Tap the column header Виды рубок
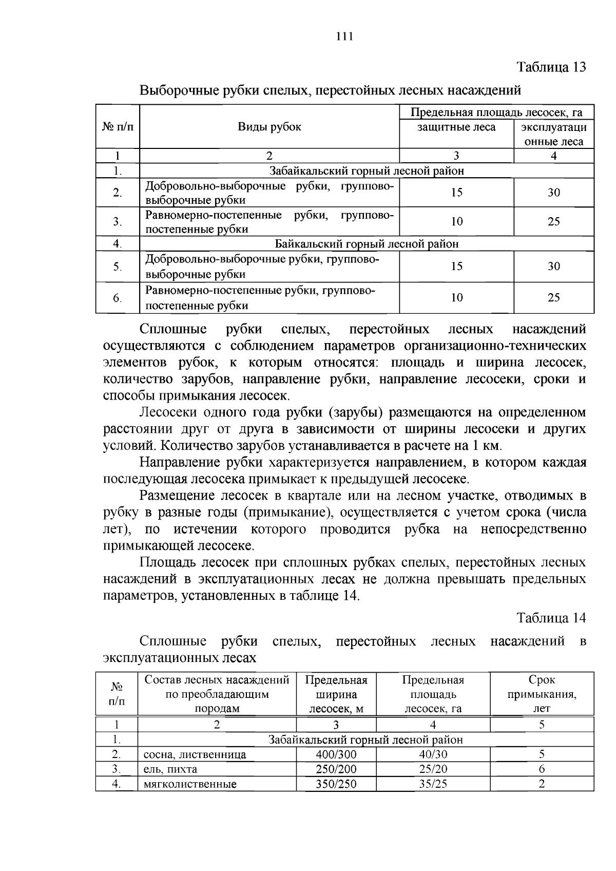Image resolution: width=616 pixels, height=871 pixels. click(x=269, y=127)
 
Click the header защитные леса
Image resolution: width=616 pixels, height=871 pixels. click(x=456, y=127)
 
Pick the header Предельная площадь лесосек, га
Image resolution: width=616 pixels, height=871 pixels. click(x=496, y=112)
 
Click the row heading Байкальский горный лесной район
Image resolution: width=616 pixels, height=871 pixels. click(x=367, y=243)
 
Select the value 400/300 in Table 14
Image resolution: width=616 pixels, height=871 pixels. click(x=336, y=754)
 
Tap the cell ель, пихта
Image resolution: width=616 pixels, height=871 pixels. click(x=170, y=769)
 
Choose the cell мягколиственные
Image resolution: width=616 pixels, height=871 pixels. click(x=190, y=784)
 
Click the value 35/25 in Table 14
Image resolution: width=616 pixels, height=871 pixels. click(x=433, y=784)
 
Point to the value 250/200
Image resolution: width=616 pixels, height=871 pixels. click(x=336, y=769)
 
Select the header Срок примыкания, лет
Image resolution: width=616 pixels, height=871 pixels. click(x=542, y=694)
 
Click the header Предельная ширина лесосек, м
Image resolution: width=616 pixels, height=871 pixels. click(x=336, y=694)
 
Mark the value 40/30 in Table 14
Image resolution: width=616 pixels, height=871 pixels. click(x=433, y=754)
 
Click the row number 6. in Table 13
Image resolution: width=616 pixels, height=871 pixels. click(x=117, y=298)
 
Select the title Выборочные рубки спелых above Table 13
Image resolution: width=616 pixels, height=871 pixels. click(x=331, y=90)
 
